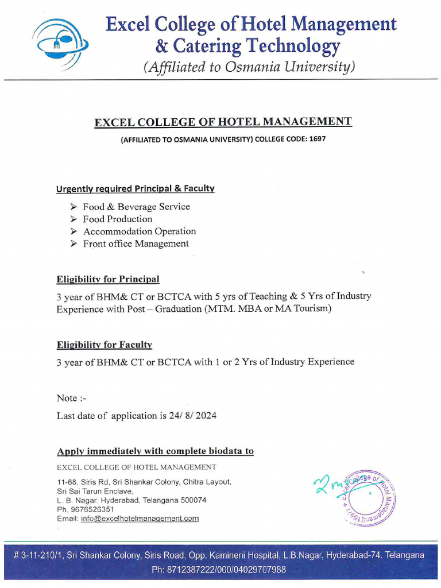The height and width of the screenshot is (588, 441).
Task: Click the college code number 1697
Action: coord(317,139)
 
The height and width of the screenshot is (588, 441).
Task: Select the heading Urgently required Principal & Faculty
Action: coord(135,188)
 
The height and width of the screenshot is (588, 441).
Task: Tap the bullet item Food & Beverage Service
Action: coord(136,207)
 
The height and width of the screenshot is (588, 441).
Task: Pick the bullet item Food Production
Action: coord(118,219)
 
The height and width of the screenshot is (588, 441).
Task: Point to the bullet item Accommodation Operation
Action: coord(140,231)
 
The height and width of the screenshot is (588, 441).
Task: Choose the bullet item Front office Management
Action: coord(136,243)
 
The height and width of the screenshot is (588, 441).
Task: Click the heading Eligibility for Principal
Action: coord(108,279)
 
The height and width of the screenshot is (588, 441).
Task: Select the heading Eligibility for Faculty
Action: coord(104,345)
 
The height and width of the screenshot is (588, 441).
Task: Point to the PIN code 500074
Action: coord(193,500)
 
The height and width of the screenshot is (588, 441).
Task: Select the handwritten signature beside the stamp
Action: coord(327,483)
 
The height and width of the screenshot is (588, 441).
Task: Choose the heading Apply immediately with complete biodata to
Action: coord(155,451)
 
